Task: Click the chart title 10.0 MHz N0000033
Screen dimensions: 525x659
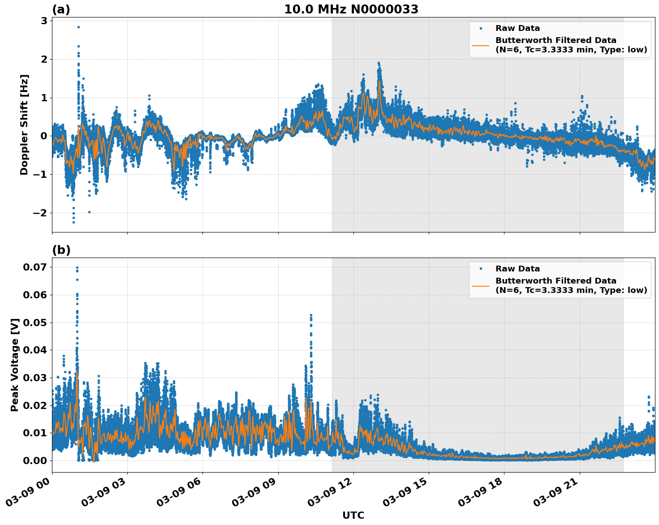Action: click(x=351, y=9)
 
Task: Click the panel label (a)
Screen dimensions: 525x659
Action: click(x=61, y=9)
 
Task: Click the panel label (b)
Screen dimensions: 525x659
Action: click(x=61, y=250)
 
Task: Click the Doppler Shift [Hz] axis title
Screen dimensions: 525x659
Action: click(x=24, y=125)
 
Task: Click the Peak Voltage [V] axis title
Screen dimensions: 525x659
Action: click(x=15, y=365)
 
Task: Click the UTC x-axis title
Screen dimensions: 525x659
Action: click(x=353, y=515)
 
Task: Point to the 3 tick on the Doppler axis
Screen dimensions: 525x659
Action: click(x=44, y=21)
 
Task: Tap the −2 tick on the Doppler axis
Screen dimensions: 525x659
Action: click(x=40, y=213)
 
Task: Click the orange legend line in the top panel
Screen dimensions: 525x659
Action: click(x=480, y=45)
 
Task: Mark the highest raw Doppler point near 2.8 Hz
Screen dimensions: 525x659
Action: click(x=78, y=27)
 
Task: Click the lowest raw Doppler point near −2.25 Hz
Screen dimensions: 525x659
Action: click(x=73, y=222)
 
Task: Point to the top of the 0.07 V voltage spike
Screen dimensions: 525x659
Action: click(x=77, y=268)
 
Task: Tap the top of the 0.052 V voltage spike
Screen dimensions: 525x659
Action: click(x=311, y=316)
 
